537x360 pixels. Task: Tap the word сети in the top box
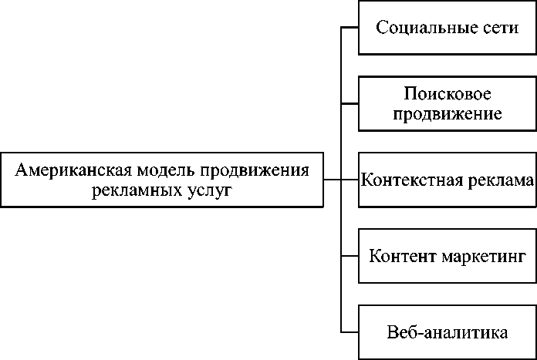(x=497, y=28)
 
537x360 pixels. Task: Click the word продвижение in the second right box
(x=447, y=114)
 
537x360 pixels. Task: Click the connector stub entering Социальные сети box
(x=350, y=28)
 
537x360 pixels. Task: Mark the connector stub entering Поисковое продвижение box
(x=350, y=103)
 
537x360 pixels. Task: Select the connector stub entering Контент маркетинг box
(x=350, y=255)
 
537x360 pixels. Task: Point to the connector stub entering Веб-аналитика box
(x=350, y=331)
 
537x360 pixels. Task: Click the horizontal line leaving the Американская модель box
(x=332, y=180)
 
